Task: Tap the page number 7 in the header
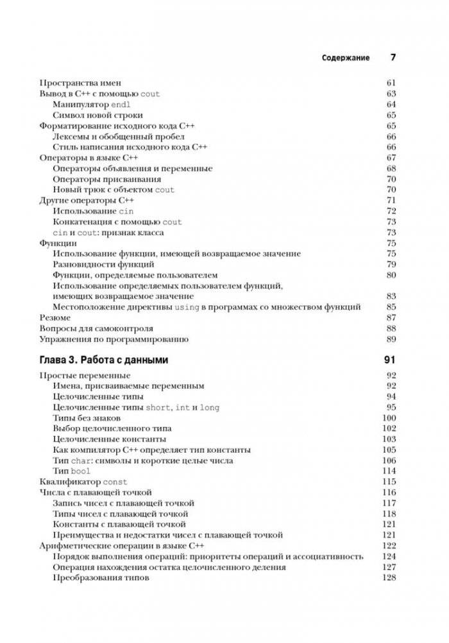pos(393,57)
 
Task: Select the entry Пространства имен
pos(80,83)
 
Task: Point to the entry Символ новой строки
pos(97,115)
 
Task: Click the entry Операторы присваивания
pos(106,179)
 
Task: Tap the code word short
pos(158,407)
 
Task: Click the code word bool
pos(81,471)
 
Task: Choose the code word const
pos(115,482)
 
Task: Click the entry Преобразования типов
pos(101,577)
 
